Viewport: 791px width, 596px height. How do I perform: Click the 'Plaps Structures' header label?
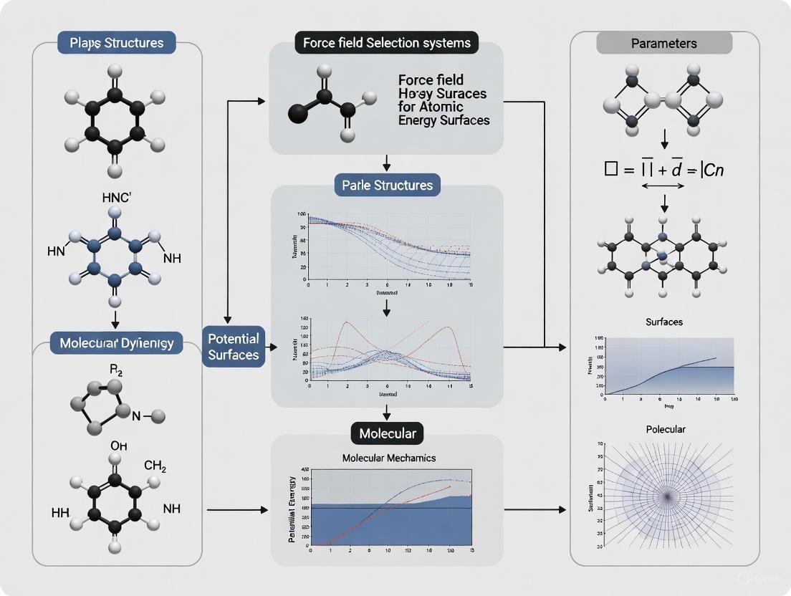pos(117,42)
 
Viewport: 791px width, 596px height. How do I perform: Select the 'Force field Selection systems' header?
pos(387,42)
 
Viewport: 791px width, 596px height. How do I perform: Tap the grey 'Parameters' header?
pos(664,43)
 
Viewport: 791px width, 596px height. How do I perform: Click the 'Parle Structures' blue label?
pos(387,185)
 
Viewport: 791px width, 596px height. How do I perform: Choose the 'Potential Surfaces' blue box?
pos(233,346)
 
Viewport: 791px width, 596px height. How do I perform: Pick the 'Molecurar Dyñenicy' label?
pos(117,343)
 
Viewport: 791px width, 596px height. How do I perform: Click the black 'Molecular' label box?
pos(387,433)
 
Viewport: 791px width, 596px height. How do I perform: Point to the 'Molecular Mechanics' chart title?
pos(388,458)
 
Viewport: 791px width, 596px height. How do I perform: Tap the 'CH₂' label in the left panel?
pos(155,467)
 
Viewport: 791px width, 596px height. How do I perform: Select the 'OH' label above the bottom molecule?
pos(119,446)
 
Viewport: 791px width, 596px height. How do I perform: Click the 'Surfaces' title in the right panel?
pos(663,322)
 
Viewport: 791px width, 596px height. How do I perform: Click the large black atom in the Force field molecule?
pos(299,112)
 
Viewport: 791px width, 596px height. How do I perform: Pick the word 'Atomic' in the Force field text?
pos(444,107)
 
